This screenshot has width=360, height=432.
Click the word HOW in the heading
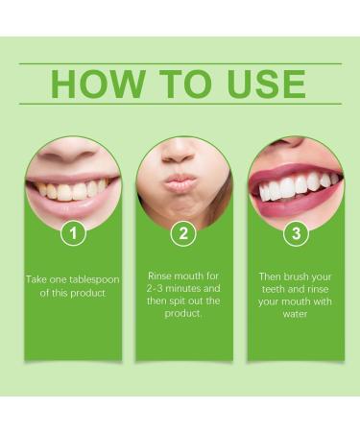(x=96, y=84)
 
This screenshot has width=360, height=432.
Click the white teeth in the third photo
(x=296, y=185)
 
